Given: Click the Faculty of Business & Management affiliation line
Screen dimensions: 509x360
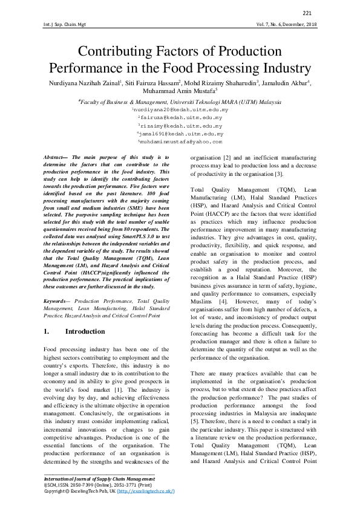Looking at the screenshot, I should [x=180, y=102].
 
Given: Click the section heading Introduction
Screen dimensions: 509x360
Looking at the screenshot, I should [x=85, y=332].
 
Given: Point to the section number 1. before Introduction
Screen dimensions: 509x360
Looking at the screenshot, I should [x=47, y=332].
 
